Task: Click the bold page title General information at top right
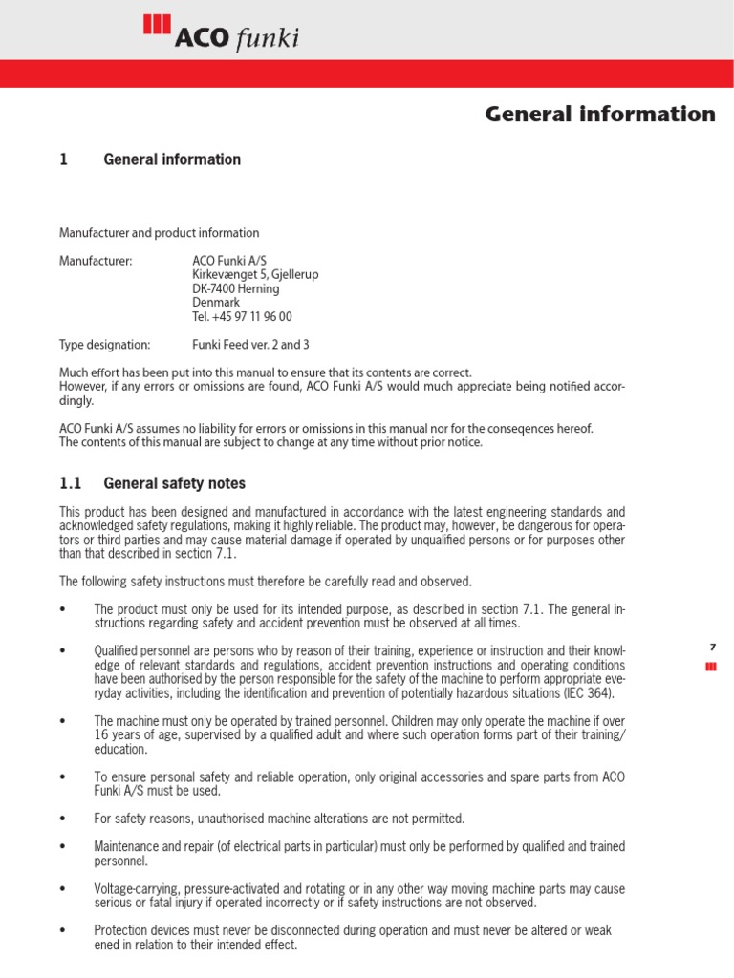[x=600, y=115]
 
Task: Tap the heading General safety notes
[x=174, y=484]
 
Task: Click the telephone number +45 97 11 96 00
[x=242, y=316]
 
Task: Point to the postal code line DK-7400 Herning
[x=235, y=288]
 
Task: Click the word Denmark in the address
[x=216, y=302]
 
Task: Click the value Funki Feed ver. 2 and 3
[x=250, y=345]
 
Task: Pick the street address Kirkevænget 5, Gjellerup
[x=255, y=274]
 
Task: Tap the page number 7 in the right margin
[x=712, y=648]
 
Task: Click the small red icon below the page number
[x=711, y=667]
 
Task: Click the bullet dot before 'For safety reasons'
[x=62, y=819]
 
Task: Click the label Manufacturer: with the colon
[x=96, y=261]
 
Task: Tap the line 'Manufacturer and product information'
[x=159, y=233]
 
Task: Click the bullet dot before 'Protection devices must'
[x=62, y=930]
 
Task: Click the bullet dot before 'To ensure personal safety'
[x=62, y=777]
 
